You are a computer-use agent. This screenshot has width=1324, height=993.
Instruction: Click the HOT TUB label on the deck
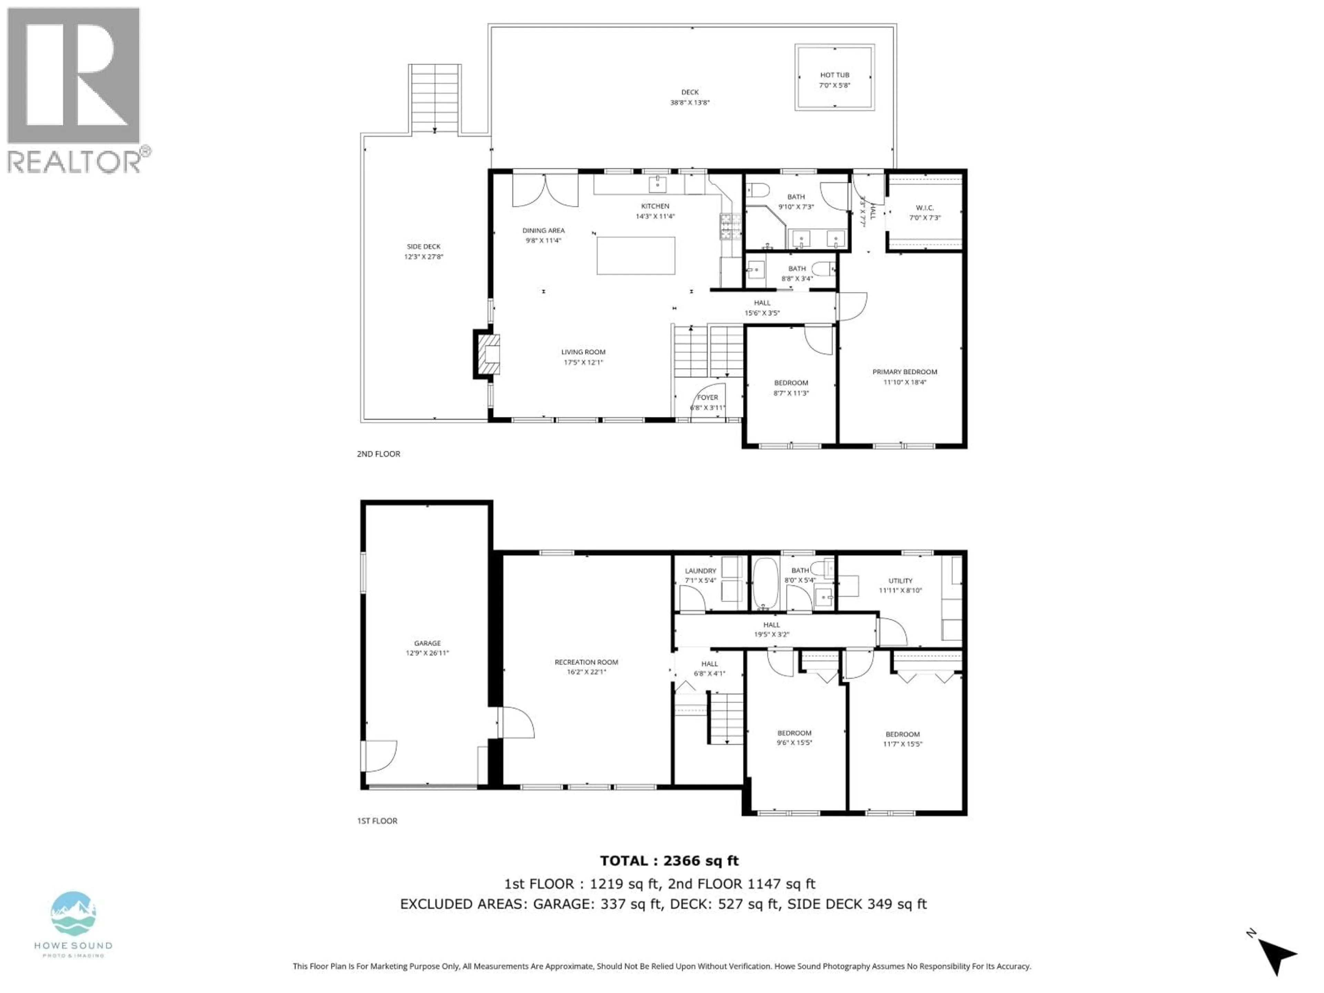pyautogui.click(x=834, y=75)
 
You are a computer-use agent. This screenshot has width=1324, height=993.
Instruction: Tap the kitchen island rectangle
pyautogui.click(x=636, y=255)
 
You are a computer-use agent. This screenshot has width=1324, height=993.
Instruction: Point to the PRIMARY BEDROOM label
pyautogui.click(x=904, y=372)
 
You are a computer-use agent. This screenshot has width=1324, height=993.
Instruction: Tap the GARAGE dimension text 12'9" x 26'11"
pyautogui.click(x=427, y=653)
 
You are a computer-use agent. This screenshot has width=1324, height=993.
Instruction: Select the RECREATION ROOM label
pyautogui.click(x=586, y=662)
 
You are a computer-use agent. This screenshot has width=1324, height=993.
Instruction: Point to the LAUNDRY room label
pyautogui.click(x=700, y=571)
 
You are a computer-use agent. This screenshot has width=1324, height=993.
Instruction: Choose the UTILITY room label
pyautogui.click(x=900, y=581)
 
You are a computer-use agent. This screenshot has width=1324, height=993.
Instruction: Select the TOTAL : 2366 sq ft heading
pyautogui.click(x=669, y=861)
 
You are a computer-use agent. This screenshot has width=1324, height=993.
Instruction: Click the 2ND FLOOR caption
pyautogui.click(x=378, y=454)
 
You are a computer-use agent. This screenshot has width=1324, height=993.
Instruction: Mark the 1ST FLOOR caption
pyautogui.click(x=377, y=821)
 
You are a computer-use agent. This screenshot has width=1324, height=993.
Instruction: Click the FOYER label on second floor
pyautogui.click(x=708, y=398)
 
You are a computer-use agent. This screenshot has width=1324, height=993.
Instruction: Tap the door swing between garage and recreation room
pyautogui.click(x=516, y=722)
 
